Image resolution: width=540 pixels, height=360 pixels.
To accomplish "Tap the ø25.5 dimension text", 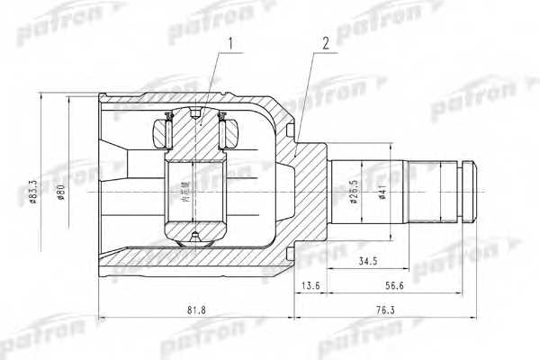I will coord(355,193).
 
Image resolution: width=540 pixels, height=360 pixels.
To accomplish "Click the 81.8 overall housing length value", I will coord(193,310).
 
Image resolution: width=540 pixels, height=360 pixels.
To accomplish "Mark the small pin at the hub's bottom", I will coord(194,238).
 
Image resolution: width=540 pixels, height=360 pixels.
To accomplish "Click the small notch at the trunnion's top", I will coord(195,112).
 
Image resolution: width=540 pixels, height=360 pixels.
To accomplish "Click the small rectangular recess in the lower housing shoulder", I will coord(289,252).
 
